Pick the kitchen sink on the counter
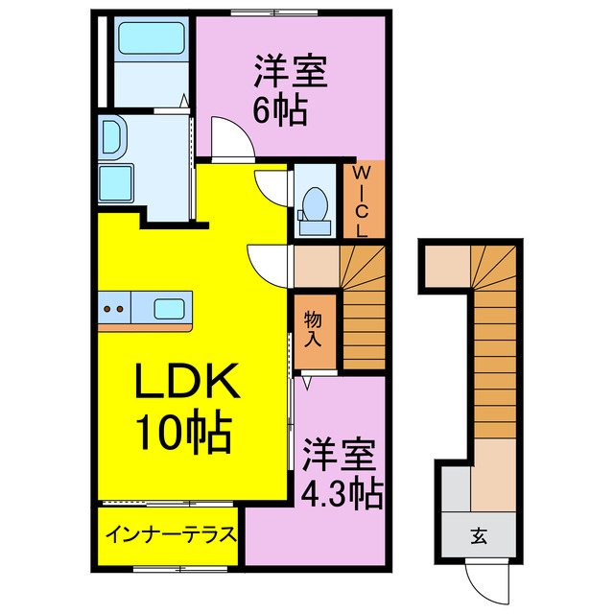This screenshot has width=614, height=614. [x=169, y=309]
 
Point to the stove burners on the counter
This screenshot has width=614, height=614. [x=114, y=309]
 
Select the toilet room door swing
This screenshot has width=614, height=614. [x=272, y=185]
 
